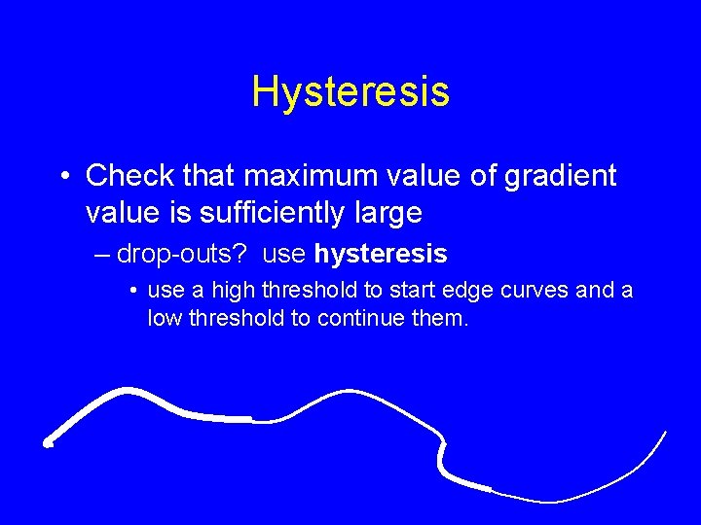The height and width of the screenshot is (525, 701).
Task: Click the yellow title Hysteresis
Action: click(350, 91)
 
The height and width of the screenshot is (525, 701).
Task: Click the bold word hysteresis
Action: click(380, 255)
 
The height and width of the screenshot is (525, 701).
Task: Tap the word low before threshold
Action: click(166, 317)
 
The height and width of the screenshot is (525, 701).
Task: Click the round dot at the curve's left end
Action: click(47, 442)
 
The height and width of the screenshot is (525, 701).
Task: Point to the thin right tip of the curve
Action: click(666, 432)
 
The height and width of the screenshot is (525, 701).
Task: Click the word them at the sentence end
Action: click(443, 317)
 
